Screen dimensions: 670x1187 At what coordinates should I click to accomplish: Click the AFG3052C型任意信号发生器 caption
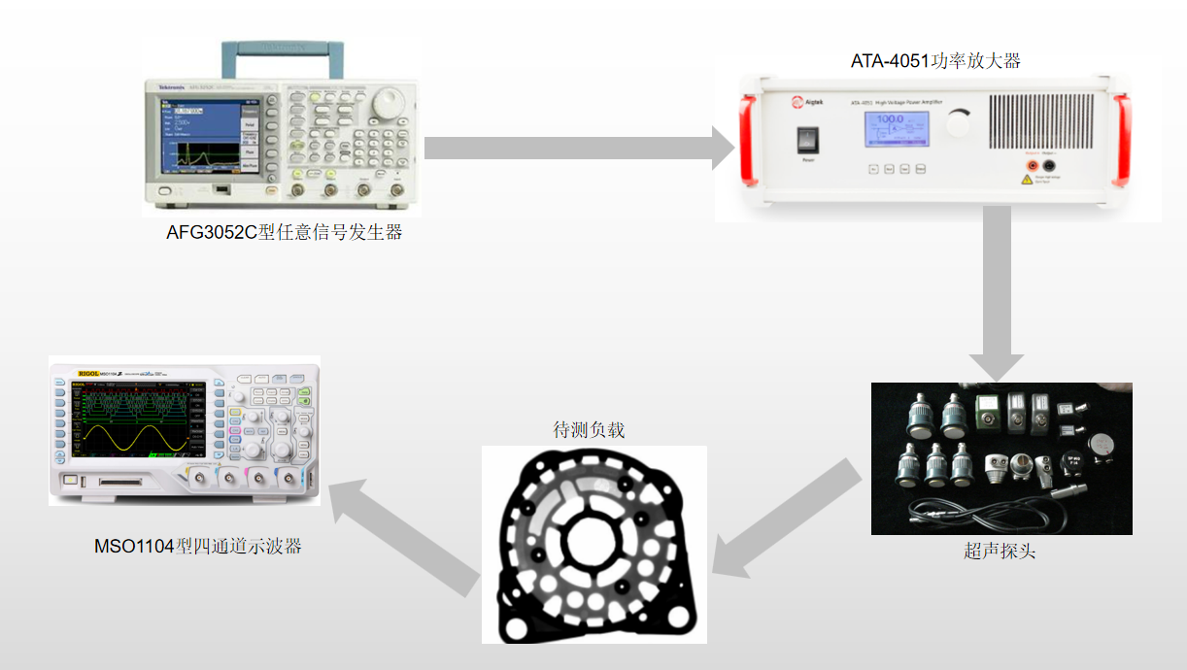coord(284,233)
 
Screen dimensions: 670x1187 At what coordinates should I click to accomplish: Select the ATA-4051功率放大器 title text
coord(935,61)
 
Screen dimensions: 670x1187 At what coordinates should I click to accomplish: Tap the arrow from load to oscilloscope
coord(403,535)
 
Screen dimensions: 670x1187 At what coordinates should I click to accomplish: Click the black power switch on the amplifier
coord(808,140)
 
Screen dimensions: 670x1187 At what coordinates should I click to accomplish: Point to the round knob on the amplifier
coord(958,123)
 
